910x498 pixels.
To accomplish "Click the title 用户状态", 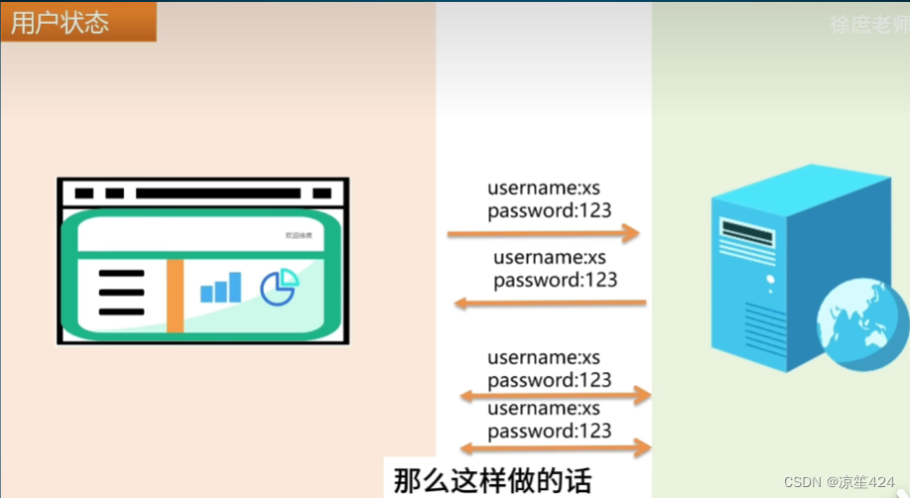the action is [60, 23].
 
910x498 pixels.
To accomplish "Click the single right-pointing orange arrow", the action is [543, 234].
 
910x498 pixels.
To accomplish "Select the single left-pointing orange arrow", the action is [550, 303].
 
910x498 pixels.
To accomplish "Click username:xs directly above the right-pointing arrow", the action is [543, 187].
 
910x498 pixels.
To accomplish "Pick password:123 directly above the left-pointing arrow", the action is [555, 280].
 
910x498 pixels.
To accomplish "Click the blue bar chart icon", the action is [220, 288].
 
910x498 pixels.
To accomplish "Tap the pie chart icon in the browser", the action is [280, 287].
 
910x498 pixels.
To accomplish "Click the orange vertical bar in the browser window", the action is [175, 295].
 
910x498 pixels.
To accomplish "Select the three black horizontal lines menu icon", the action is [122, 292].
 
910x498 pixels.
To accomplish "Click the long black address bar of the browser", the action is [217, 192].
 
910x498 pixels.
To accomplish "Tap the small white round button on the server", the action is [770, 280].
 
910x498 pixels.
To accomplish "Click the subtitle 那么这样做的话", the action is [492, 481].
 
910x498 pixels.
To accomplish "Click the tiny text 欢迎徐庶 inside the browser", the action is [298, 235].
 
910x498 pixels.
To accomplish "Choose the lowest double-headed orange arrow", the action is [555, 448].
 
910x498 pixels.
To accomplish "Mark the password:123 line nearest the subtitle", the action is [550, 431].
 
